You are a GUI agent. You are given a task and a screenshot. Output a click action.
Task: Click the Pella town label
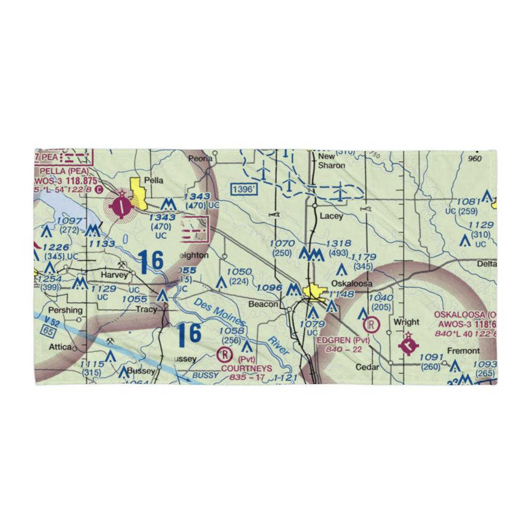153,180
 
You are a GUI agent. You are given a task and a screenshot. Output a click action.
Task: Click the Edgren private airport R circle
370,324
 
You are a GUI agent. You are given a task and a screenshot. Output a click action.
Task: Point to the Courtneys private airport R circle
226,353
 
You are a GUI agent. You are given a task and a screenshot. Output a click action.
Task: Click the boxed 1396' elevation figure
244,189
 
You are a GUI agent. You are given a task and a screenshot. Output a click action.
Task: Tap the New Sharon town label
331,161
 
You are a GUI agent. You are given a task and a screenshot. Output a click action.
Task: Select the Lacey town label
331,217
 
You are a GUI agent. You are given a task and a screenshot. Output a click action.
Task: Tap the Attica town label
60,347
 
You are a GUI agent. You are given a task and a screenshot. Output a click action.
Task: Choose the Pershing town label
65,310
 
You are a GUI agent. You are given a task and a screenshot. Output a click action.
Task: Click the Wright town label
406,322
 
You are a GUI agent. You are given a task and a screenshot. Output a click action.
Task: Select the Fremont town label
463,351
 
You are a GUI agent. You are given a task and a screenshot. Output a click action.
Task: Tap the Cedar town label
368,367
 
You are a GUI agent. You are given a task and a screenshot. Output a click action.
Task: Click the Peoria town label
201,158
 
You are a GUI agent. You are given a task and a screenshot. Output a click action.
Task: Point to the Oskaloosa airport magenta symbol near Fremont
408,345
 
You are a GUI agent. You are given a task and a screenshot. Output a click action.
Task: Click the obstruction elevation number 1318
339,243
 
